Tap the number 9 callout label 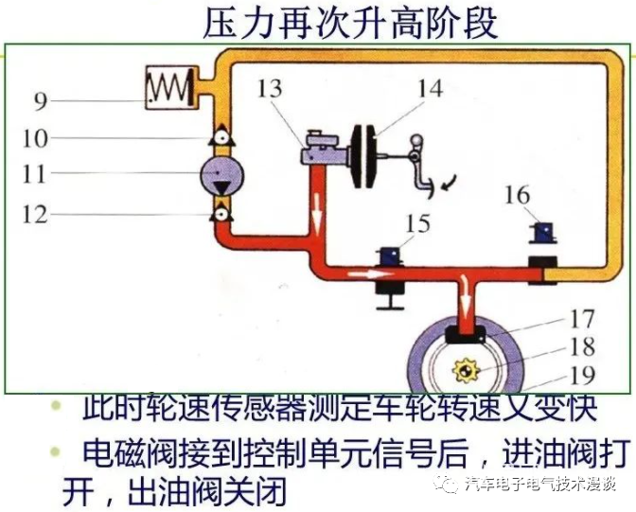[40, 100]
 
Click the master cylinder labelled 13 [316, 152]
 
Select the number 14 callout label [429, 88]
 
